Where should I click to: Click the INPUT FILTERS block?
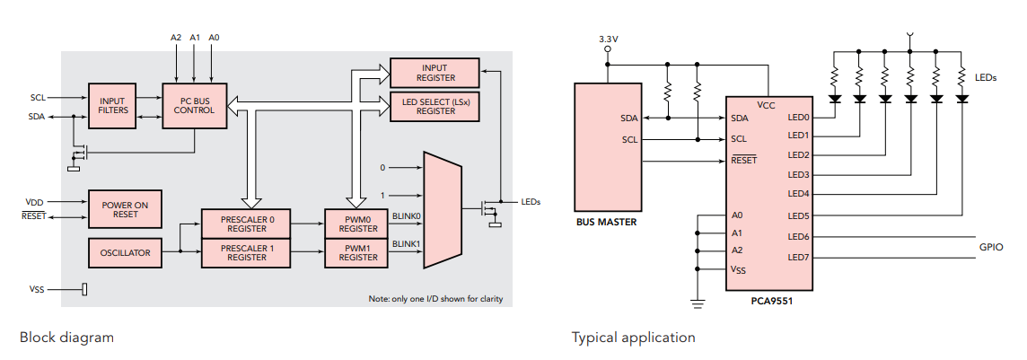coord(112,106)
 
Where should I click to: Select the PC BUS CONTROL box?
coord(195,106)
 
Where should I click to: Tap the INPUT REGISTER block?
coord(434,72)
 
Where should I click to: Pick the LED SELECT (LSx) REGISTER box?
coord(434,107)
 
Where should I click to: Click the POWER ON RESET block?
coord(125,209)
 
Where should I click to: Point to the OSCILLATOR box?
coord(125,252)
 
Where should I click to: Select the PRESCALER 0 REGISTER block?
coord(247,224)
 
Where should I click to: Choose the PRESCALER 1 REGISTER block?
coord(247,253)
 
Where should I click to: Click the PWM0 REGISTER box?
coord(358,224)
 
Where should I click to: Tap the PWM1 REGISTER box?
coord(358,253)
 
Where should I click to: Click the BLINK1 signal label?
coord(406,244)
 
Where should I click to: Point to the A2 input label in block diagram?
coord(176,38)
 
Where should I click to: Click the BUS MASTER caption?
coord(606,222)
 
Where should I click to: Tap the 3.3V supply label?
coord(609,40)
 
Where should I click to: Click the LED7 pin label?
coord(798,258)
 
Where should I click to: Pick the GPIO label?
coord(990,247)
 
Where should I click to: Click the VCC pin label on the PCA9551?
coord(767,105)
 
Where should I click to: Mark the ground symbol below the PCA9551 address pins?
coord(698,301)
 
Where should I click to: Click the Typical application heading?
coord(634,338)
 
